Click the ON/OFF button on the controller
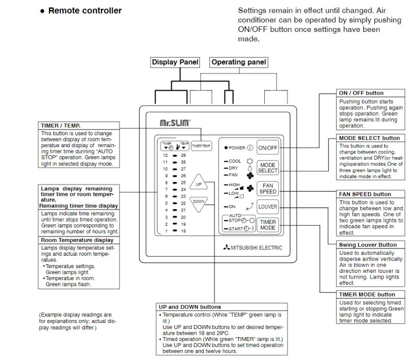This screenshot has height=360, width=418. (268, 148)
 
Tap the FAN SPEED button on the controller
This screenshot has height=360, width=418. (268, 189)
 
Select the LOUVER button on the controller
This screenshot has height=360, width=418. (268, 207)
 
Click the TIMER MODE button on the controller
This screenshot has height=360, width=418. (268, 225)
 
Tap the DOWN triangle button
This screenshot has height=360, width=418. (199, 203)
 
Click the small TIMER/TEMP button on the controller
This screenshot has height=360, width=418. (201, 146)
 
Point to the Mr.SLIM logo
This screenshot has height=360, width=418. (175, 123)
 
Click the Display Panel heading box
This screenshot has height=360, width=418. (175, 62)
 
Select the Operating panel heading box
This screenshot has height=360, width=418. (239, 62)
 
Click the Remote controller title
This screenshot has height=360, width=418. (85, 10)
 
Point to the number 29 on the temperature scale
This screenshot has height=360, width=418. (183, 155)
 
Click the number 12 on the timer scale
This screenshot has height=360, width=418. (165, 155)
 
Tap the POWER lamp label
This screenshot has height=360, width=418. (237, 148)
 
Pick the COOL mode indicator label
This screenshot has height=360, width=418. (235, 161)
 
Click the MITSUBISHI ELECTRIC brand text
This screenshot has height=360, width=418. (256, 248)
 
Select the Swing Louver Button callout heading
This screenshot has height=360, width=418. (368, 245)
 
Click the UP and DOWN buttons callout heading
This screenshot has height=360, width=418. (190, 307)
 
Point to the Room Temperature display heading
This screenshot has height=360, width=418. (77, 240)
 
